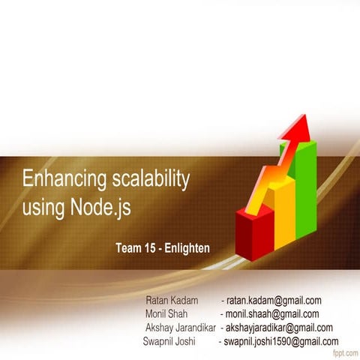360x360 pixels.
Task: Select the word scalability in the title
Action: (x=145, y=181)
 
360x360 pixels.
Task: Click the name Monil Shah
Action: (x=166, y=314)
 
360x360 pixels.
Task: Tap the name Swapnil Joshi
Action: (x=169, y=341)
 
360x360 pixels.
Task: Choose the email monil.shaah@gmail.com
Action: (x=272, y=314)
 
